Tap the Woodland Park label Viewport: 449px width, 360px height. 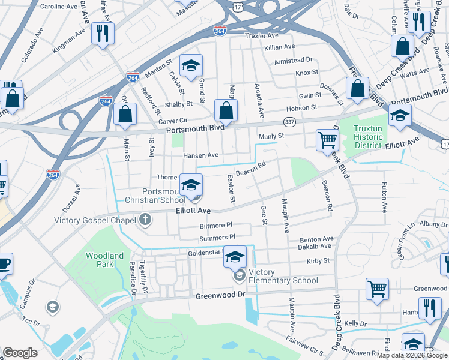104,260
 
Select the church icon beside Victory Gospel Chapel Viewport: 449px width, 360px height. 145,220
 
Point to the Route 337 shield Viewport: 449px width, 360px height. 290,122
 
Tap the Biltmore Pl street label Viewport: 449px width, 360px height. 215,226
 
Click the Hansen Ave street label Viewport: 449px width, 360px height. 200,155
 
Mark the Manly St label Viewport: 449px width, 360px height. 271,137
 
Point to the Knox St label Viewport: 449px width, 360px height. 306,73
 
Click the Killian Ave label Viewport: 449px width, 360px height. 279,47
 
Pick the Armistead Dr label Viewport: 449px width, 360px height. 294,60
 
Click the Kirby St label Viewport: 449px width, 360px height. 318,261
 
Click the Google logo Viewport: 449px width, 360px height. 20,353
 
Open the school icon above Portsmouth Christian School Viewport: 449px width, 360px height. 191,186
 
